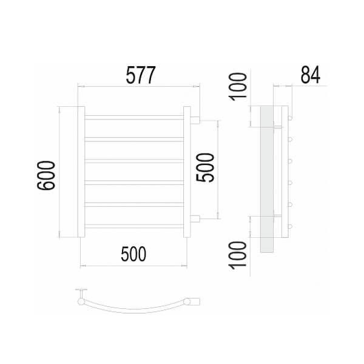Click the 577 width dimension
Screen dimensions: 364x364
tap(141, 75)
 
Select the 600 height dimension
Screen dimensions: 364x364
tap(46, 175)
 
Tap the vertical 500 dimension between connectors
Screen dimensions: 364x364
tap(205, 167)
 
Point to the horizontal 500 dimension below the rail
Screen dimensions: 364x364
tap(133, 254)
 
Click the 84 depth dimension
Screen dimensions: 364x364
tap(311, 75)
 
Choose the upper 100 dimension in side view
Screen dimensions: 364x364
tap(238, 87)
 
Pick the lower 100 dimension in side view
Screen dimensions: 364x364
tap(238, 255)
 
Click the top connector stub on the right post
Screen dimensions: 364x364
tap(195, 120)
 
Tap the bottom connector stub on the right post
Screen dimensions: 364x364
tap(195, 218)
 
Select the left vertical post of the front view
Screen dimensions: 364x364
tap(81, 172)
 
